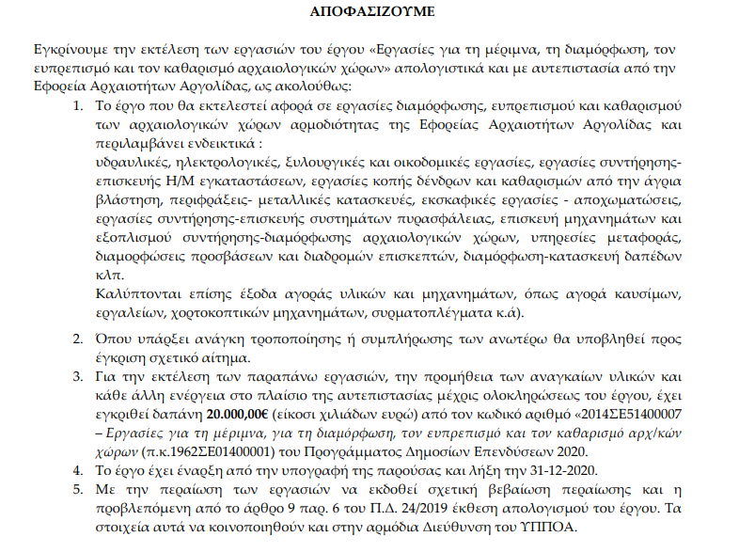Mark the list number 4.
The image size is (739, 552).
[77, 470]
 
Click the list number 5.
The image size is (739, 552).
[77, 489]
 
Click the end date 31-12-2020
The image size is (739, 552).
[564, 470]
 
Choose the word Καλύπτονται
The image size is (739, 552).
[139, 293]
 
